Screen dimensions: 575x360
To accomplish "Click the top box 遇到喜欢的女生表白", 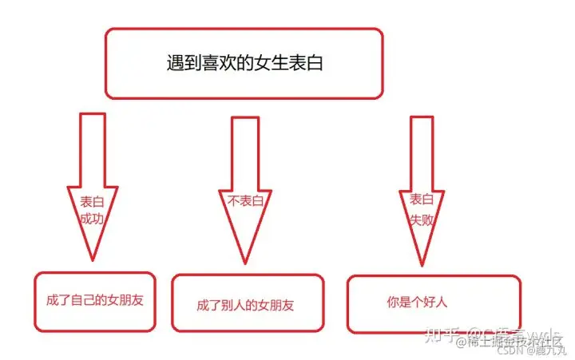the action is pyautogui.click(x=244, y=64).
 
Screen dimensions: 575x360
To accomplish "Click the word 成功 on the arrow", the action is pyautogui.click(x=92, y=216).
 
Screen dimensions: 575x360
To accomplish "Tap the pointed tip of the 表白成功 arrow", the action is pyautogui.click(x=93, y=259).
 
